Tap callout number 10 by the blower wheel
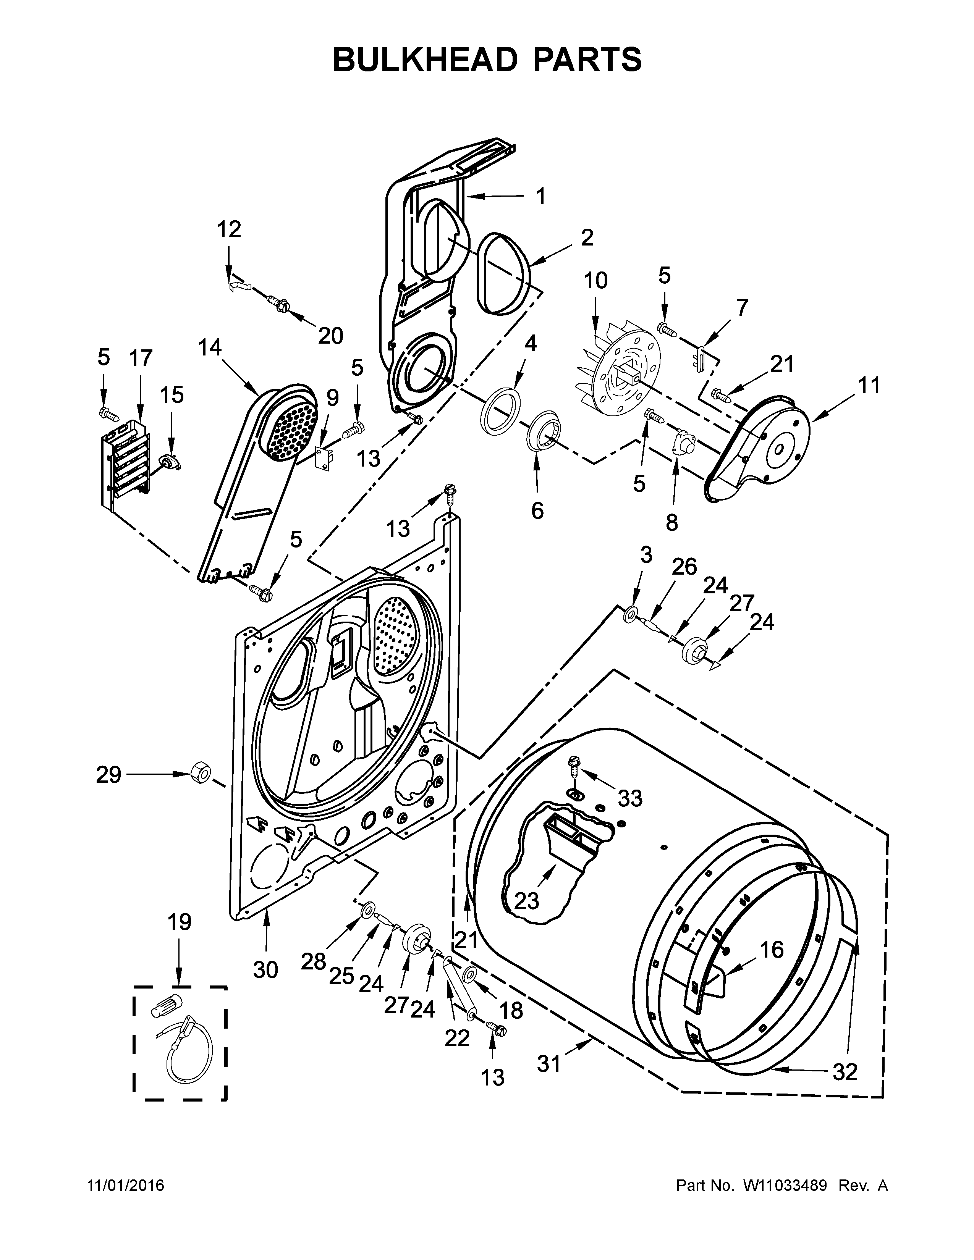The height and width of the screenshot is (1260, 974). pos(595,281)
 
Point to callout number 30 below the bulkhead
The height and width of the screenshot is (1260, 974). pos(265,970)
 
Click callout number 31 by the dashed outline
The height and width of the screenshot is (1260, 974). pos(549,1065)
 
